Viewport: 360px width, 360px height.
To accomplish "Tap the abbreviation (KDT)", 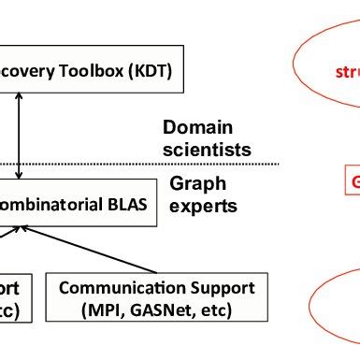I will pos(155,71).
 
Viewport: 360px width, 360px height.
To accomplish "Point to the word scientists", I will pos(207,149).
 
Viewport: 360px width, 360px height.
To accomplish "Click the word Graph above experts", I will pos(192,185).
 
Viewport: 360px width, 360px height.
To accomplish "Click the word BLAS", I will pos(124,205).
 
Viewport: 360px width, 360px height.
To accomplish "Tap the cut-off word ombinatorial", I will pos(51,205).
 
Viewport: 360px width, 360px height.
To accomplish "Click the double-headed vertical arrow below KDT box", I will pos(20,137).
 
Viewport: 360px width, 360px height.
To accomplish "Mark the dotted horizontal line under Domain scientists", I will pos(140,166).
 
